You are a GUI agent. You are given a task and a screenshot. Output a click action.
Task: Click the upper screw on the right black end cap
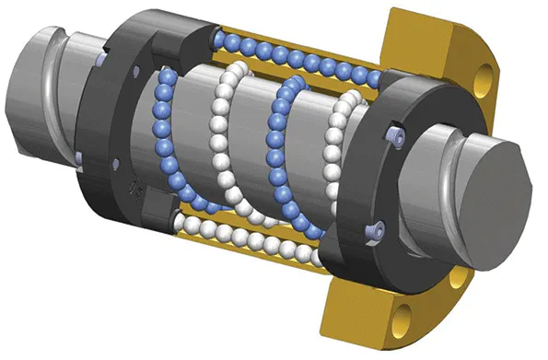397,137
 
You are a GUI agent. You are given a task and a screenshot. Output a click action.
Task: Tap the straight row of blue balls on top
295,56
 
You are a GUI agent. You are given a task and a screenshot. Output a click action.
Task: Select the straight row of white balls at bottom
249,239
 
